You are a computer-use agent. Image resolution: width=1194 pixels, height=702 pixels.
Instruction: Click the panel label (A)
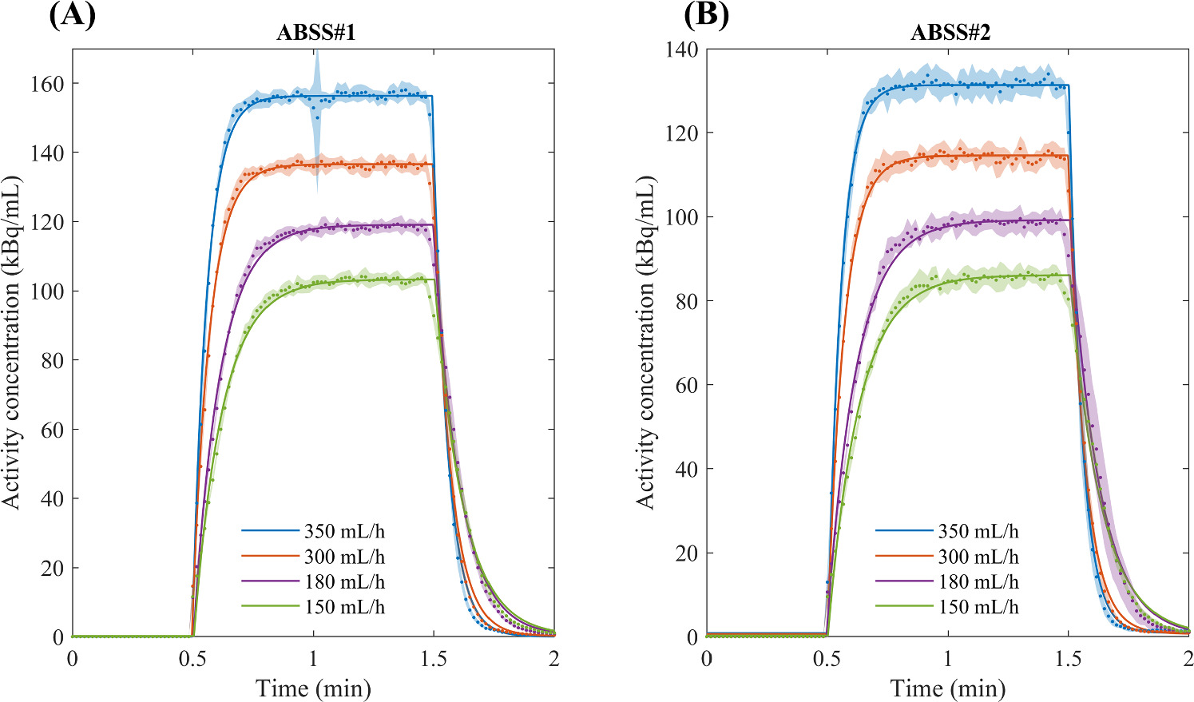tap(72, 15)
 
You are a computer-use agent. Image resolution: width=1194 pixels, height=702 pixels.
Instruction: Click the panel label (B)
tap(706, 15)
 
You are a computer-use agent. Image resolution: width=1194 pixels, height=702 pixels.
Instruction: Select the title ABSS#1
tap(313, 34)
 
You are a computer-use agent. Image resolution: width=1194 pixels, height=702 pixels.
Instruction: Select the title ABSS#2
tap(948, 34)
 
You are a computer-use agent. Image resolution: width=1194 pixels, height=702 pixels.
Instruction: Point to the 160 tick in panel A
tap(47, 83)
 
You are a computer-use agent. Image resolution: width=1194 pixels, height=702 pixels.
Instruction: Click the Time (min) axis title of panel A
tap(313, 688)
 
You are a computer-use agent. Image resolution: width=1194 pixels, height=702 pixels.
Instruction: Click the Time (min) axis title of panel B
tap(948, 688)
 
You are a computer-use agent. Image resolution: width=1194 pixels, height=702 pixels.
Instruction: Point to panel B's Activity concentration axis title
tap(645, 343)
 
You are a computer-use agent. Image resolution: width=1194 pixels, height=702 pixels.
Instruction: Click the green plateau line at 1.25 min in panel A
tap(373, 280)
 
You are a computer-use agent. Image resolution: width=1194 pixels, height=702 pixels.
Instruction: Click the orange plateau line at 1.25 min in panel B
tap(1008, 155)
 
